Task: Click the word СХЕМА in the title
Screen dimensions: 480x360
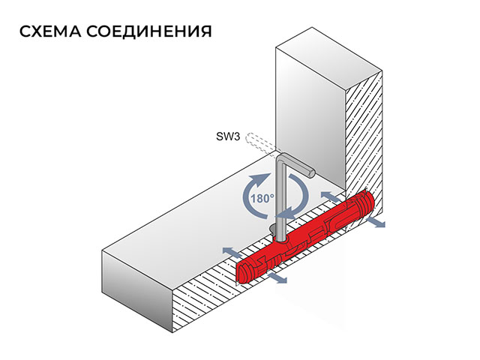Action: tap(50, 31)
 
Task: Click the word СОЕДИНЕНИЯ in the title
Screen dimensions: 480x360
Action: tap(148, 31)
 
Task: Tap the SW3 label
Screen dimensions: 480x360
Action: tap(228, 136)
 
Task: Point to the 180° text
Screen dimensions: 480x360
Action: tap(262, 199)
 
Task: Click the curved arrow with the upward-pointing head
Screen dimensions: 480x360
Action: tap(256, 196)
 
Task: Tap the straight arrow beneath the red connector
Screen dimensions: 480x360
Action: tap(277, 278)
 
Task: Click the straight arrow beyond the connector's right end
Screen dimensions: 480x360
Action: tap(375, 222)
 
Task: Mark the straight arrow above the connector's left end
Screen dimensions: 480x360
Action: tap(232, 252)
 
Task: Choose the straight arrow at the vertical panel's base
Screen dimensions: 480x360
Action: tap(330, 196)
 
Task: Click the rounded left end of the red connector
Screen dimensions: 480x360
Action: tap(242, 271)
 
